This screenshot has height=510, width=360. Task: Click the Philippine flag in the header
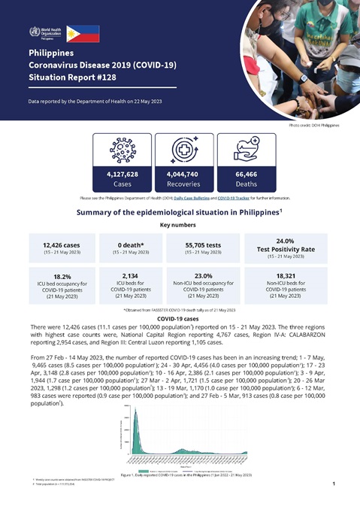tap(83, 32)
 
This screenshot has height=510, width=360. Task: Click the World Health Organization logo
tap(44, 32)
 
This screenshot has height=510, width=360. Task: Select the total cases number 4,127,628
tap(117, 174)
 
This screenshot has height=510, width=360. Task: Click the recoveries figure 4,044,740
tap(179, 174)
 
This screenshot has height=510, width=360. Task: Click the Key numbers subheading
tap(180, 225)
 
